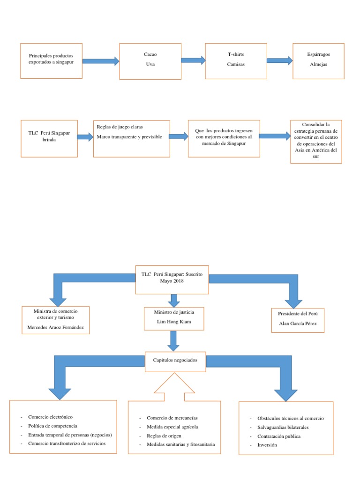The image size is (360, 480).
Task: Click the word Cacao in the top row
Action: click(150, 55)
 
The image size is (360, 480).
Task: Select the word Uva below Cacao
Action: click(150, 65)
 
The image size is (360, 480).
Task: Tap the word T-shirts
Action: click(236, 55)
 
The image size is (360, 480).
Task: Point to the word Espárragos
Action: click(318, 55)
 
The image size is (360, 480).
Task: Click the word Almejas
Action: click(318, 65)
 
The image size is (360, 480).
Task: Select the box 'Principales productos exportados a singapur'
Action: click(52, 61)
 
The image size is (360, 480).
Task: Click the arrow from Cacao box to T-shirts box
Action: click(193, 60)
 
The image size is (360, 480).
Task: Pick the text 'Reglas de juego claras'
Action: click(120, 127)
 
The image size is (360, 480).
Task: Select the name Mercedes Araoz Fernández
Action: click(56, 327)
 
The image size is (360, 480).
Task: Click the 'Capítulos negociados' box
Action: click(175, 360)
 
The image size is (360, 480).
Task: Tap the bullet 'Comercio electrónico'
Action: click(50, 417)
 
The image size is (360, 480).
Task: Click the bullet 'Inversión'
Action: click(267, 445)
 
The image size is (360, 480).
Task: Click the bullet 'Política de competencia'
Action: click(53, 426)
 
